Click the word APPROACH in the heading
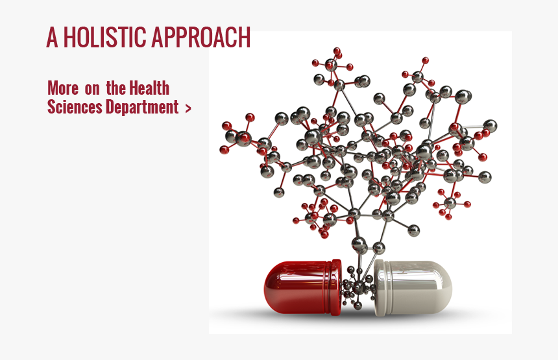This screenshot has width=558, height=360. point(201,38)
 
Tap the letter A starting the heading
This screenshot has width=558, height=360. point(52,38)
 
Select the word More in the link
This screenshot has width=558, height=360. point(63,88)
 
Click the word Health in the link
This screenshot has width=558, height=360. point(149,88)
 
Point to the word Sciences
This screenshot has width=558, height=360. point(75,107)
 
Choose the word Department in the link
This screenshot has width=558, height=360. point(142,107)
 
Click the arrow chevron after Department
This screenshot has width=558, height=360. point(188,108)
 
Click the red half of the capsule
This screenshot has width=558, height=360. point(302,287)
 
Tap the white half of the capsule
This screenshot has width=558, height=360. point(413,288)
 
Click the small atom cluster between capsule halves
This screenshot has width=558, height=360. point(358,287)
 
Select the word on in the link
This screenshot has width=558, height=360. point(92,89)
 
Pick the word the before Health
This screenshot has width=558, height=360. point(115,88)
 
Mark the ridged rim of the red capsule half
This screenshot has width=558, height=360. point(335,287)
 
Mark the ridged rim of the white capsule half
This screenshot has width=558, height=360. point(380,288)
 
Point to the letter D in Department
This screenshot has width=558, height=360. point(110,107)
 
